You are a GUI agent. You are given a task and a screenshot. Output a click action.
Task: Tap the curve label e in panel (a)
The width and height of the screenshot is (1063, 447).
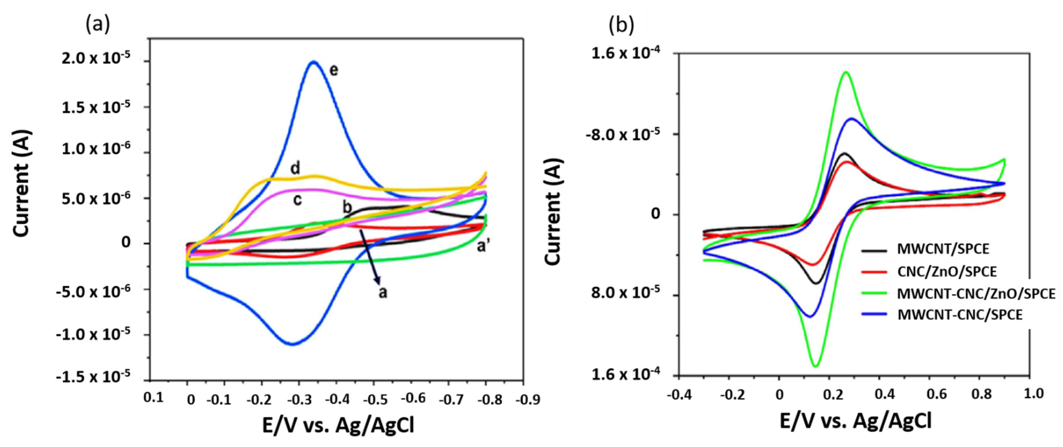[x=333, y=70]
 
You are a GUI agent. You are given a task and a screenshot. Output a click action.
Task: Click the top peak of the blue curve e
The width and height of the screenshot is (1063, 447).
[x=314, y=62]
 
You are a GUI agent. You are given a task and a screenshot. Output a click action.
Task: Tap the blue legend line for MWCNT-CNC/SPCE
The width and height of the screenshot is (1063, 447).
[x=874, y=315]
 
